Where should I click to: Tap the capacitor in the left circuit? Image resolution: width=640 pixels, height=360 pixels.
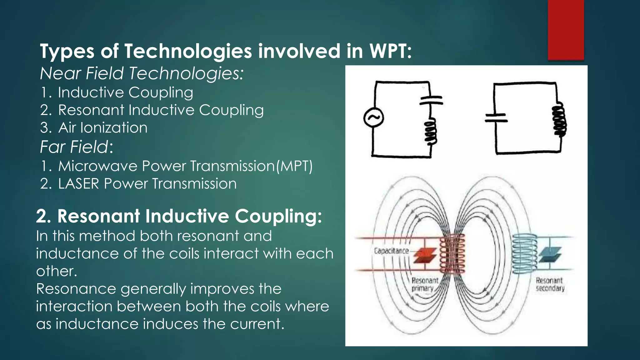[431, 101]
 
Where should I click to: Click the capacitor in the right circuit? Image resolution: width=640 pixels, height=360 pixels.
[496, 118]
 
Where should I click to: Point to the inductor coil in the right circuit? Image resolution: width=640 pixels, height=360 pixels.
[559, 121]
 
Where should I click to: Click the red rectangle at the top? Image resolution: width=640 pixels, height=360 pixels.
[566, 30]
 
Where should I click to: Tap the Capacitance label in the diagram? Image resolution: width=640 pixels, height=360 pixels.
[391, 251]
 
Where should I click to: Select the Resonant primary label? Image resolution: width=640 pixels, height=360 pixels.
[424, 284]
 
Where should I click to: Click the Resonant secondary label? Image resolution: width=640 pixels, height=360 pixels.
[550, 284]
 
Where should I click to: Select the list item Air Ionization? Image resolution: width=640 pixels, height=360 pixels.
[102, 128]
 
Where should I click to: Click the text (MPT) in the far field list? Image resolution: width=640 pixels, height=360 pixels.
[294, 166]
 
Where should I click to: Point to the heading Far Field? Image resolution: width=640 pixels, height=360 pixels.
[76, 147]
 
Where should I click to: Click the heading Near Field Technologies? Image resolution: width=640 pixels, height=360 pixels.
[142, 73]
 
